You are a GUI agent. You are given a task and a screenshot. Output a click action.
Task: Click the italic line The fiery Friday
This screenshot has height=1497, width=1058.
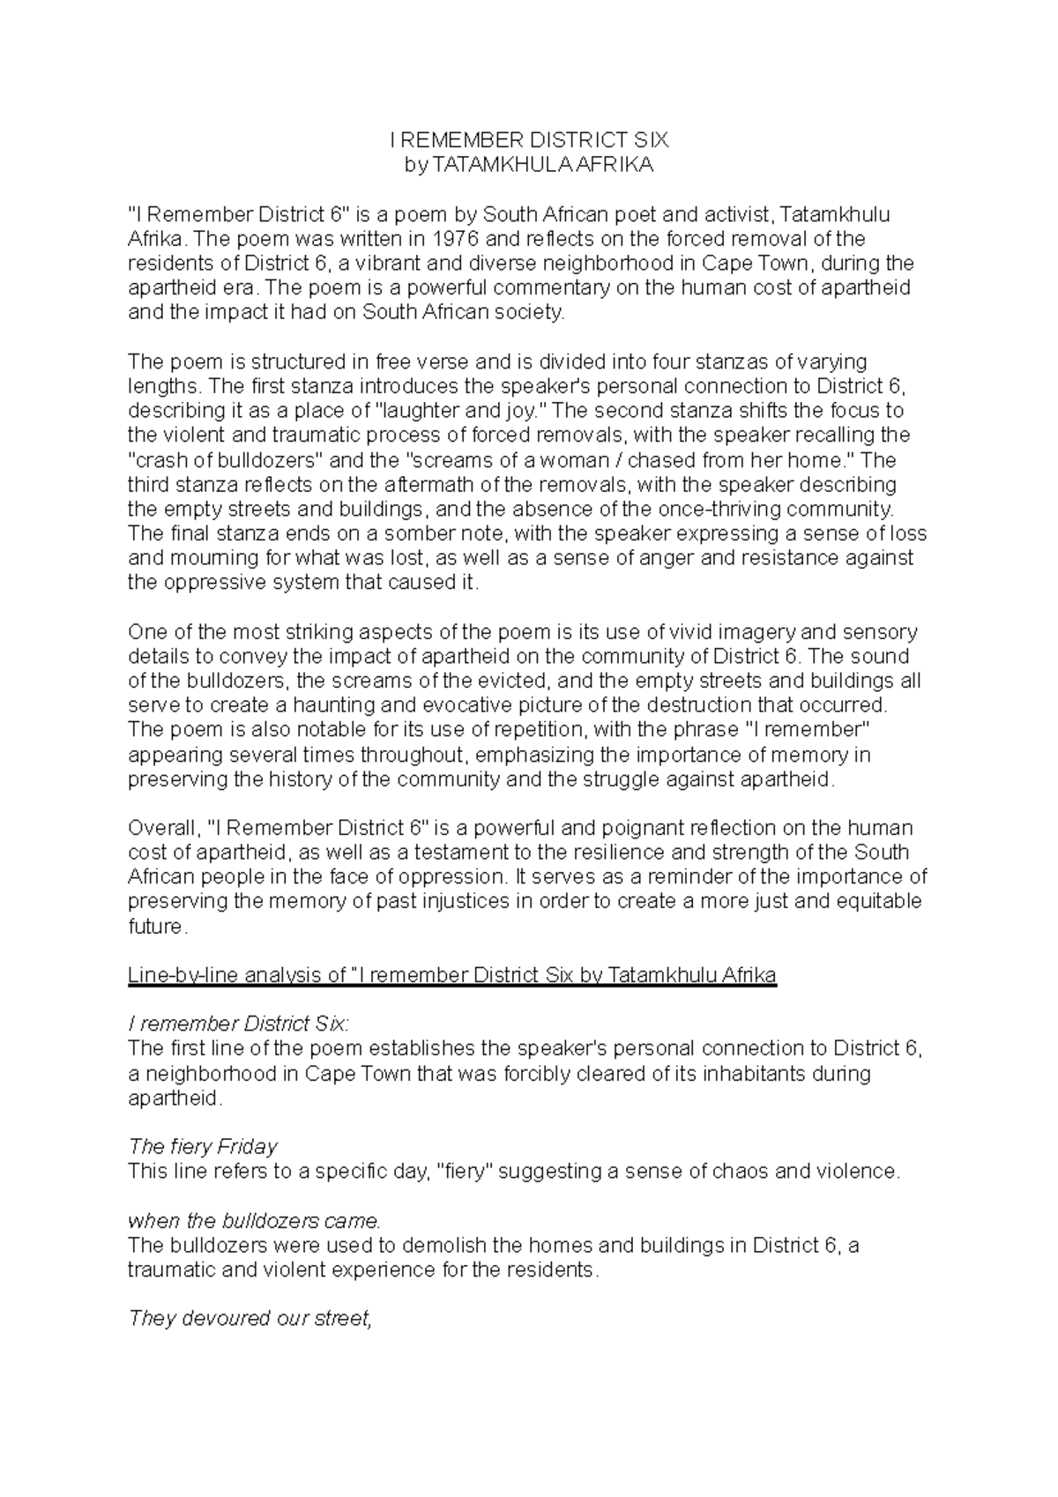click(x=203, y=1147)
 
